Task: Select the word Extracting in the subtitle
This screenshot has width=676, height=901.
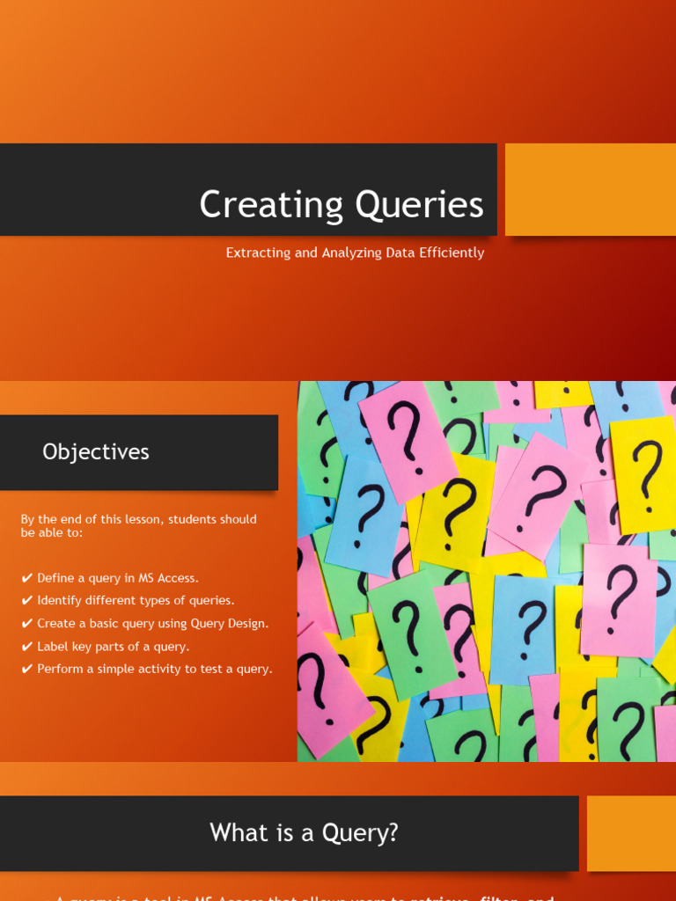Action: (x=258, y=253)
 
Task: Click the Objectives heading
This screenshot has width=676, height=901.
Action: (x=96, y=451)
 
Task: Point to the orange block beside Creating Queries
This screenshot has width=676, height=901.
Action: (x=590, y=189)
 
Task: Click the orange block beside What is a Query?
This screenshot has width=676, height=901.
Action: (x=630, y=832)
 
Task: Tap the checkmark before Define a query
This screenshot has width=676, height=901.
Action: (x=27, y=578)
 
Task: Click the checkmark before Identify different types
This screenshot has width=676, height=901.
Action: (x=27, y=601)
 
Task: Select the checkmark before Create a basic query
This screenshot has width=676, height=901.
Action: (x=27, y=624)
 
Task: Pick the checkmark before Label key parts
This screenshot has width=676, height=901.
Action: (x=27, y=647)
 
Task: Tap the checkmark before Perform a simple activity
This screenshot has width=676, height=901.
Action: (x=27, y=670)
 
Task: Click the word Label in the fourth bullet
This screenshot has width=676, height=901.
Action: (x=53, y=647)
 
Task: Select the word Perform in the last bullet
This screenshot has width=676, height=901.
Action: (x=61, y=670)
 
